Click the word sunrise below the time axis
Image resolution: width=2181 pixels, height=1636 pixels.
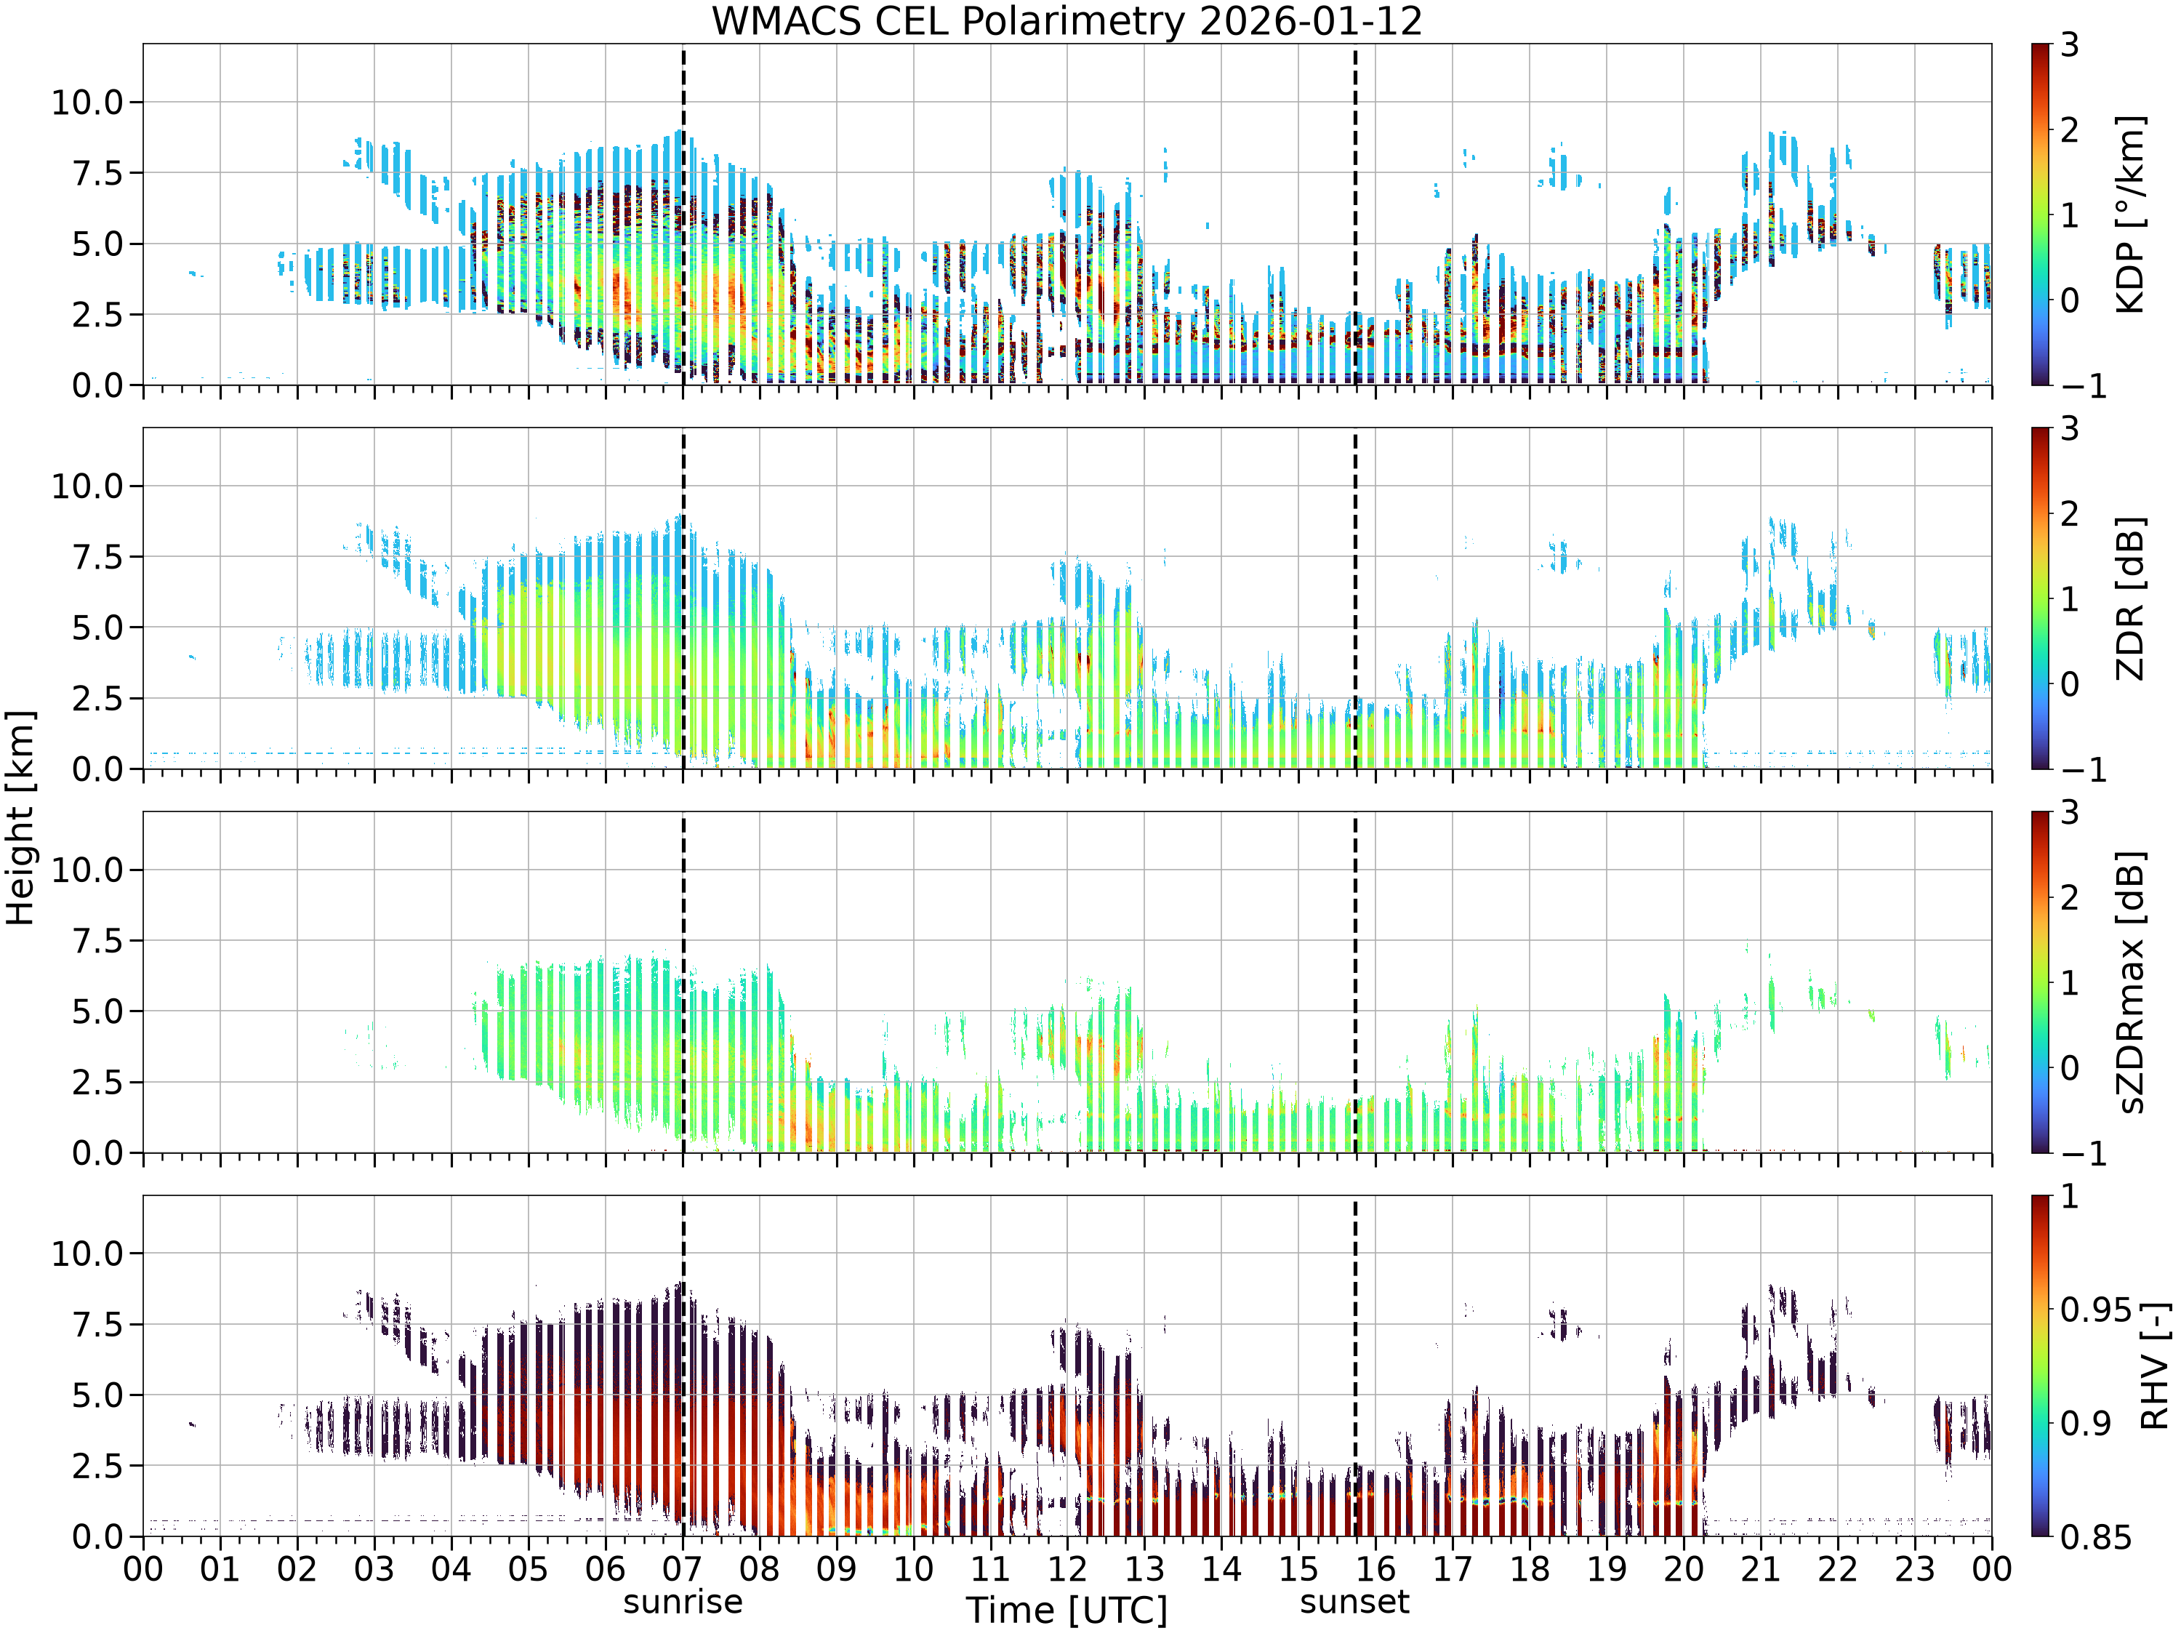(683, 1602)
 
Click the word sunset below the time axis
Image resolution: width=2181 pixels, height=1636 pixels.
(1354, 1602)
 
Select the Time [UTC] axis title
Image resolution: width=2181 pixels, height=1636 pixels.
(1067, 1611)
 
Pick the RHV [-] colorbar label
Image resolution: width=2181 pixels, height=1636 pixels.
(2154, 1366)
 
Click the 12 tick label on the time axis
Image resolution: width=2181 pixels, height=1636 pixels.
(1067, 1569)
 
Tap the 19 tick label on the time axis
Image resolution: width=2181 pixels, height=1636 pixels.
(1606, 1569)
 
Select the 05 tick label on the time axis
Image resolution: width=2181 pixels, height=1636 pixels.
(528, 1569)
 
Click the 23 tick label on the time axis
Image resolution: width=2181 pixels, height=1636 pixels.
(1915, 1569)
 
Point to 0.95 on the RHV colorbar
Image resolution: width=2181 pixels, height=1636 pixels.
(2096, 1310)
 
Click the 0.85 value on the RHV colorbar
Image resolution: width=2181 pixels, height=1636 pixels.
(2096, 1537)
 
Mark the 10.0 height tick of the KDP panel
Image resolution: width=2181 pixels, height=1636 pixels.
(88, 102)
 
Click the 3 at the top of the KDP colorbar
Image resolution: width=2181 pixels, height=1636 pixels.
(2070, 44)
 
